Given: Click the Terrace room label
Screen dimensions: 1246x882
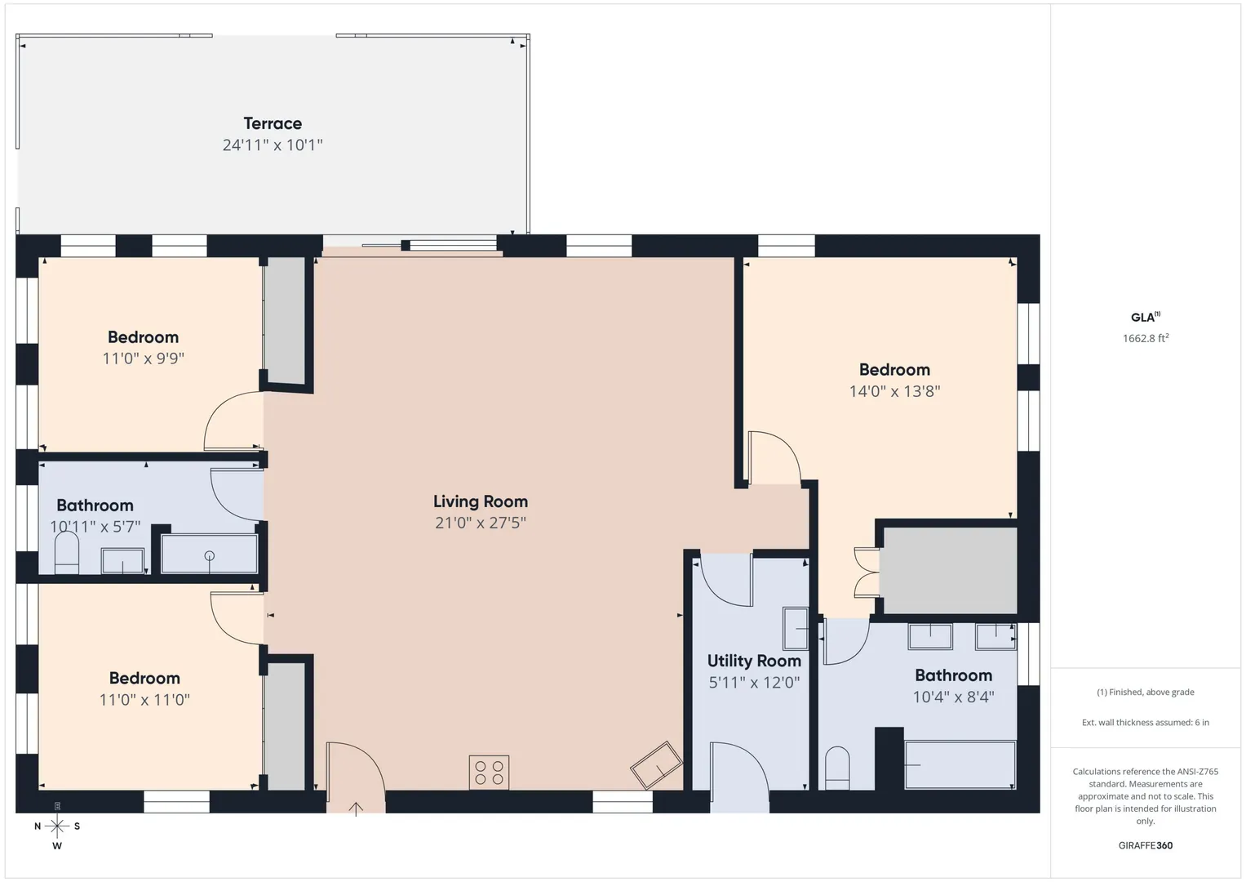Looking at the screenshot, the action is (273, 123).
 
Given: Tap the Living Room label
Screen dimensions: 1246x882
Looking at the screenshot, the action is (481, 501).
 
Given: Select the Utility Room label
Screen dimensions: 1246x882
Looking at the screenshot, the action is (754, 661).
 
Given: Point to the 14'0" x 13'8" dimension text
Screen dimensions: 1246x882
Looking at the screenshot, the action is (894, 391).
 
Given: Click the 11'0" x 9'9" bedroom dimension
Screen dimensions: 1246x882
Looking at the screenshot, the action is (143, 358).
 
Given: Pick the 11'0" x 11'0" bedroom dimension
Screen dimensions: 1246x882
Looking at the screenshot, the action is (144, 699).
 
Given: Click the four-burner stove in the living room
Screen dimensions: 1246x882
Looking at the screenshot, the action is (489, 772).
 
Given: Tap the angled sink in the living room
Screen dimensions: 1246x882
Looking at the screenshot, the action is (656, 765).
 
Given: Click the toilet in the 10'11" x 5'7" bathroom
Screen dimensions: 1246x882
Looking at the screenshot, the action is (67, 552).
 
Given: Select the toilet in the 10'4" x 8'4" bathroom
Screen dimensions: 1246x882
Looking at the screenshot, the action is (837, 768).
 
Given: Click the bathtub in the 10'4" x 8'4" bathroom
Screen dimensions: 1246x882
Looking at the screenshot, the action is (960, 764).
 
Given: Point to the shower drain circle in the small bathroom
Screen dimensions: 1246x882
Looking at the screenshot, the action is (209, 555).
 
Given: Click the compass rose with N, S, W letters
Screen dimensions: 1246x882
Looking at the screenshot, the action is (57, 826).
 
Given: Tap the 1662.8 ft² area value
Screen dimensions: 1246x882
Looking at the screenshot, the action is (1146, 338).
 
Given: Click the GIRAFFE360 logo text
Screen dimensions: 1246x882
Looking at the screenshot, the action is (1146, 845).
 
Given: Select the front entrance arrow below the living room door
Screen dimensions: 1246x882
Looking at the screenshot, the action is (356, 808).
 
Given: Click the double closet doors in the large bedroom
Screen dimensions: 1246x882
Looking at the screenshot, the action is (866, 572).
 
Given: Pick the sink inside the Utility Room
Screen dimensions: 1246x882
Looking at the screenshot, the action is (796, 629).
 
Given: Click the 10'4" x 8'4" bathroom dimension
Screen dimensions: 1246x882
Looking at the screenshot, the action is (953, 697).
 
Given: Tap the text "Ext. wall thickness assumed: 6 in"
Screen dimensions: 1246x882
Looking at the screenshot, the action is (1146, 722).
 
